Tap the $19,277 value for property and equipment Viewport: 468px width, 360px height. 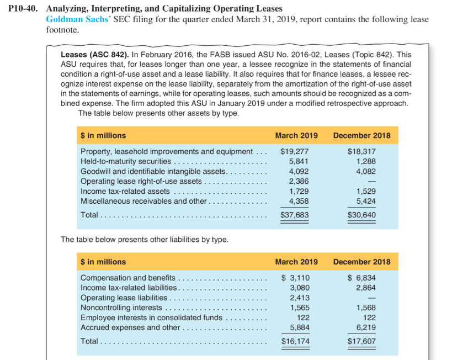pos(295,151)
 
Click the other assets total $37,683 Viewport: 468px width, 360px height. pos(295,214)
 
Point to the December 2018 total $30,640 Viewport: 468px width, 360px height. pos(361,214)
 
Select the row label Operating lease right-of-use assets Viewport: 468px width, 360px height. pos(141,181)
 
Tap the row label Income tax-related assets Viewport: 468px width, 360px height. pos(125,191)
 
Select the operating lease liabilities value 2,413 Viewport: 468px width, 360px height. pos(300,298)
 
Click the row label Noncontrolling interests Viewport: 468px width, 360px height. pos(121,308)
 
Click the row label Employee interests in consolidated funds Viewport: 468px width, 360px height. pos(152,317)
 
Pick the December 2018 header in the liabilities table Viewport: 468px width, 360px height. pos(361,262)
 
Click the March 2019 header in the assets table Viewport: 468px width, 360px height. pos(296,135)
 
